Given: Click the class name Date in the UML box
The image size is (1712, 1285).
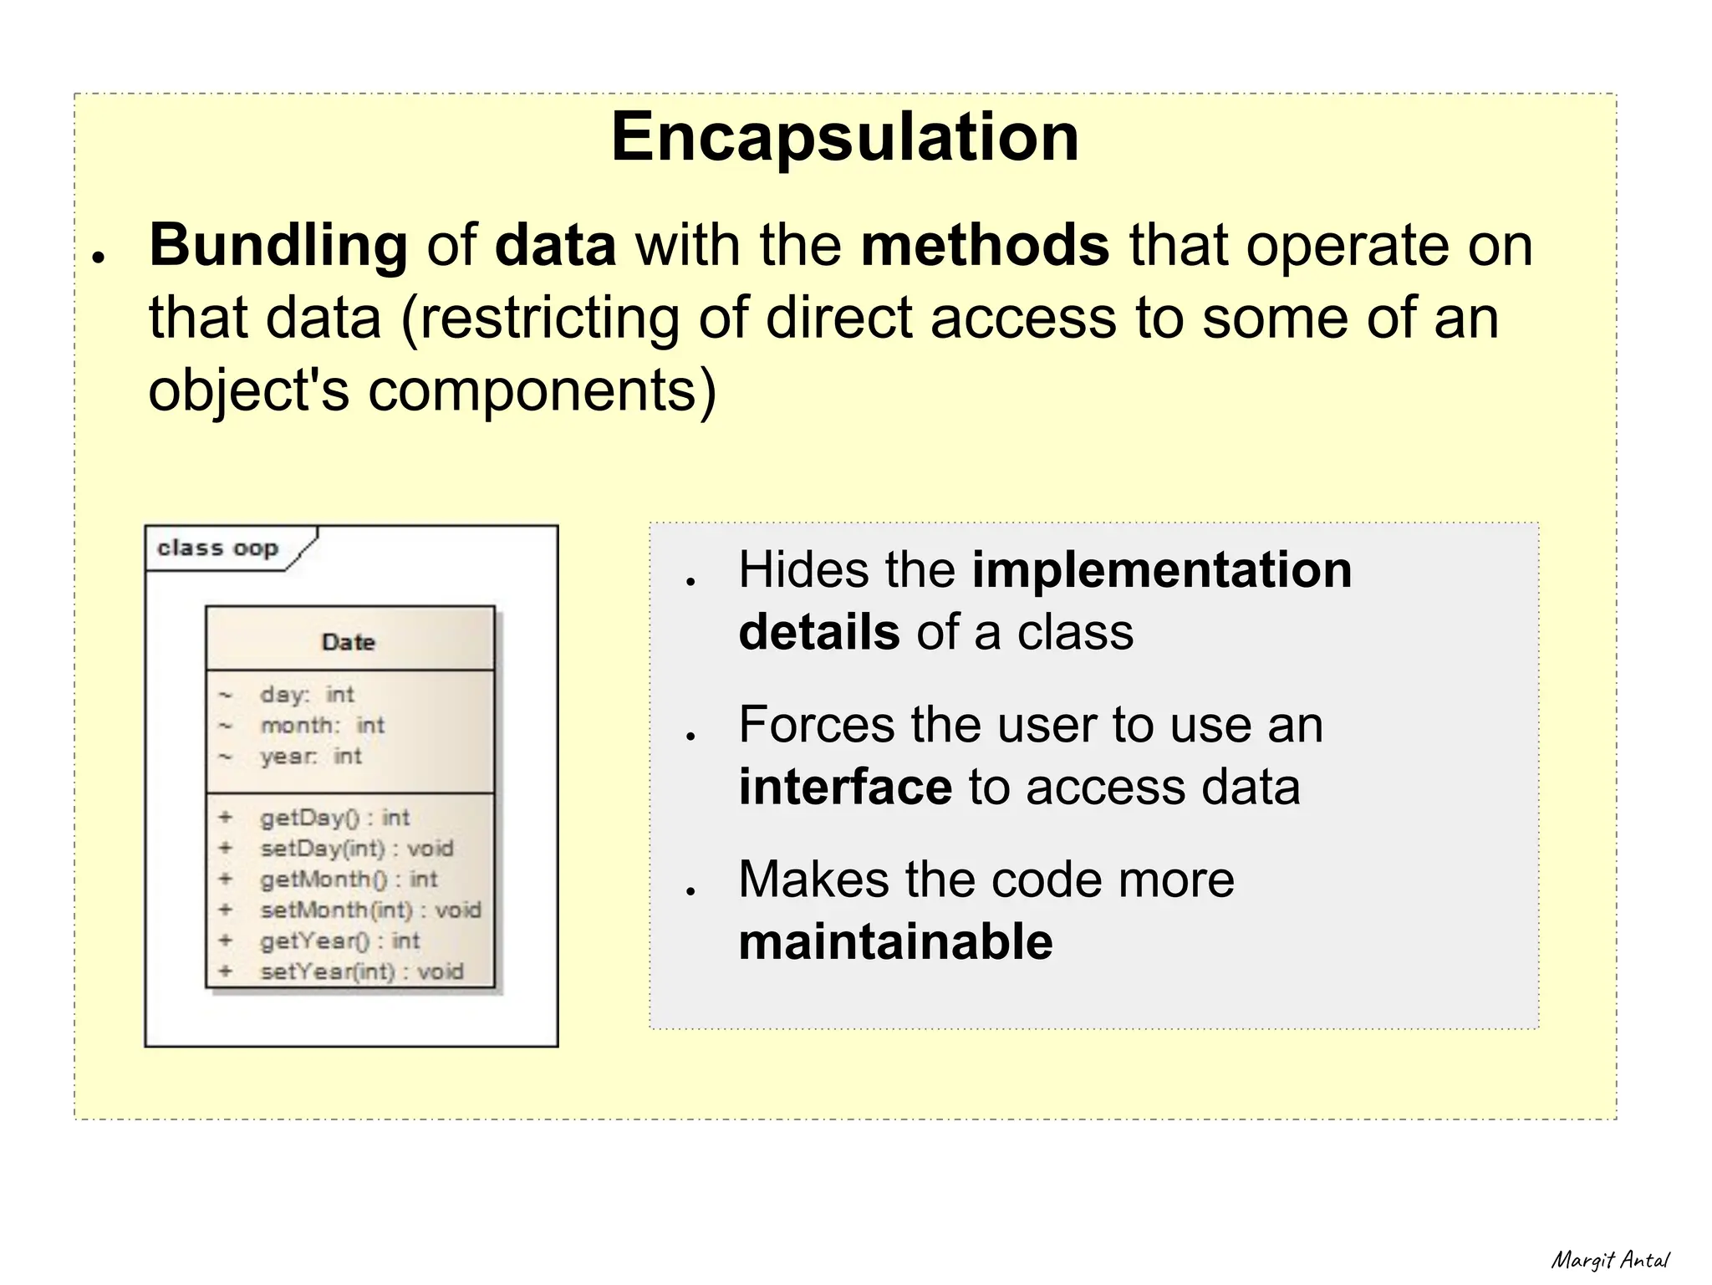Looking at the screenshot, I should coord(349,642).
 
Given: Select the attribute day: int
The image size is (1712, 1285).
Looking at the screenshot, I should coord(307,695).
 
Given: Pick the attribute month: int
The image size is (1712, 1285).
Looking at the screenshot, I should coord(322,726).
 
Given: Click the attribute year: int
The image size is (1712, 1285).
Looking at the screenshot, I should coord(310,757).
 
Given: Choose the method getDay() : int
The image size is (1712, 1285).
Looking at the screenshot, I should coord(334,818).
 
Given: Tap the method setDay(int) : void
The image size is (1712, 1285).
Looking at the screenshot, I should coord(356,849).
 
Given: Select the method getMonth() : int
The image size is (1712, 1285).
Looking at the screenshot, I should coord(349,880).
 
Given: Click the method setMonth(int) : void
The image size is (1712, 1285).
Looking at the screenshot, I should coord(370,910).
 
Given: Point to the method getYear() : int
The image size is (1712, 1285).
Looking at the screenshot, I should coord(339,941).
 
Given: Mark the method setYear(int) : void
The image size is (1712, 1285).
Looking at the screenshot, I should coord(361,971).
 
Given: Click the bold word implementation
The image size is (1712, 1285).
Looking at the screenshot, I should coord(1161,570).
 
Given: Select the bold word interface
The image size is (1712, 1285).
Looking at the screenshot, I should coord(844,788).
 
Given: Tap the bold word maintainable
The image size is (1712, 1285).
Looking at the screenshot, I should coord(895,942).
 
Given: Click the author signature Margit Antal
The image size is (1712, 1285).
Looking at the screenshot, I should coord(1609,1259).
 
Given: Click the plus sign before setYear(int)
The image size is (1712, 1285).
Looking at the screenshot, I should coord(225,971).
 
